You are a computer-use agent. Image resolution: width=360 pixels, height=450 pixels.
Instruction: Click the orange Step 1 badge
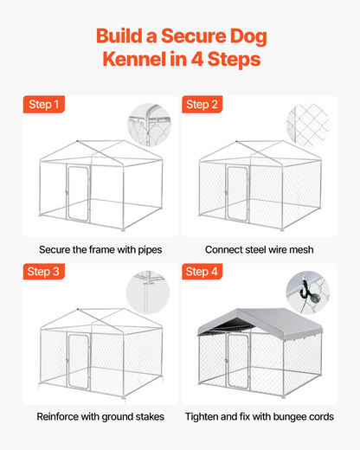(44, 104)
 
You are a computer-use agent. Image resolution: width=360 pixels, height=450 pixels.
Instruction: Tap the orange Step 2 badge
(202, 104)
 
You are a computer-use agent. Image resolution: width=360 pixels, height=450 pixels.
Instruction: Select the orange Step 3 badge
(44, 272)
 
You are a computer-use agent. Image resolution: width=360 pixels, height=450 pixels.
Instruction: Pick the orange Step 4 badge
(202, 272)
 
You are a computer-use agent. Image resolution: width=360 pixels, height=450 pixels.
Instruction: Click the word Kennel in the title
(134, 59)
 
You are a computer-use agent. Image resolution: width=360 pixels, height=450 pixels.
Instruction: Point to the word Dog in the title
(248, 36)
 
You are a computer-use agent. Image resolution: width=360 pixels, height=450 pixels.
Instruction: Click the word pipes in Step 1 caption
(150, 250)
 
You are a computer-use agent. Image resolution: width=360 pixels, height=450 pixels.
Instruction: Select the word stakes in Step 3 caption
(150, 416)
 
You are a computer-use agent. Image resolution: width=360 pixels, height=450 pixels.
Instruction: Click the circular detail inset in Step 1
(150, 125)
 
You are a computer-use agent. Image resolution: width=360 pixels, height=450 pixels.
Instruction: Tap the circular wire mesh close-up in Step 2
(307, 125)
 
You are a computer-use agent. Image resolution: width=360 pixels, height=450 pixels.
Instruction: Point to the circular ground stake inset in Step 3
(148, 292)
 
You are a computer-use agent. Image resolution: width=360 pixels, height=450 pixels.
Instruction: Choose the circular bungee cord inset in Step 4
(307, 292)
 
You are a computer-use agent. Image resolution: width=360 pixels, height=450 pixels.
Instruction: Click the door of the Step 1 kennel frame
(78, 193)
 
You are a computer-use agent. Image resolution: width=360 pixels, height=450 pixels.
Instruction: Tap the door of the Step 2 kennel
(237, 193)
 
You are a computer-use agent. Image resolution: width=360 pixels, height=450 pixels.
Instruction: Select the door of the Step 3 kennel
(78, 361)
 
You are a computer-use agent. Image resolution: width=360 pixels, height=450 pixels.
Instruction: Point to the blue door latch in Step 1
(67, 192)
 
